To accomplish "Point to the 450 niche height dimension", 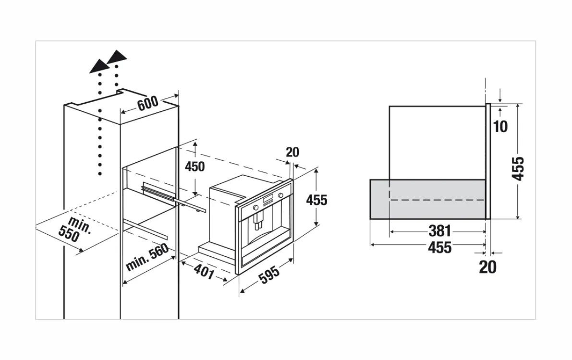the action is click(x=195, y=167).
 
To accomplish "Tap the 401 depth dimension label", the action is click(x=204, y=271).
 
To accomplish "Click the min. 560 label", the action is click(x=147, y=257).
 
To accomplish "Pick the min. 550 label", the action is click(x=74, y=229).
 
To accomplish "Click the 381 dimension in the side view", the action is click(x=439, y=231).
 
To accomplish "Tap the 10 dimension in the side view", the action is click(x=500, y=127).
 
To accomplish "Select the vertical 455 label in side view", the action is click(x=518, y=168).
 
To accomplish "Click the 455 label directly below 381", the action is click(x=439, y=247).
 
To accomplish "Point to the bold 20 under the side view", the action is click(x=488, y=267).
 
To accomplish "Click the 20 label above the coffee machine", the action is click(x=292, y=152).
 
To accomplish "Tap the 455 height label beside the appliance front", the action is click(x=316, y=200).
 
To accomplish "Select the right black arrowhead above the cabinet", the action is click(x=117, y=56).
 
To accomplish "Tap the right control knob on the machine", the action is click(x=280, y=195).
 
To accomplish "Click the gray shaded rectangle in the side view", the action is click(x=427, y=199).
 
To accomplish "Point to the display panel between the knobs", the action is click(x=268, y=199).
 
